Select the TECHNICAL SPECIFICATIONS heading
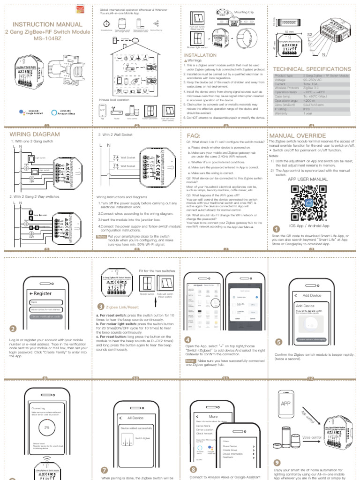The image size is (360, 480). click(x=312, y=69)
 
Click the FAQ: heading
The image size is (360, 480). click(x=190, y=135)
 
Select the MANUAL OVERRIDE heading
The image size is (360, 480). click(x=298, y=135)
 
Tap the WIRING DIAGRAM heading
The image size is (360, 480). click(x=35, y=134)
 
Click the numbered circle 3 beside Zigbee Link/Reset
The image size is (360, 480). click(x=100, y=307)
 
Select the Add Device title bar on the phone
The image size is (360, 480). click(x=312, y=295)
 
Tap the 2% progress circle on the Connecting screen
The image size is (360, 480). click(x=46, y=427)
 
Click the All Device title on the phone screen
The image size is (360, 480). click(x=135, y=418)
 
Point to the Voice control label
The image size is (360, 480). click(x=312, y=437)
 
